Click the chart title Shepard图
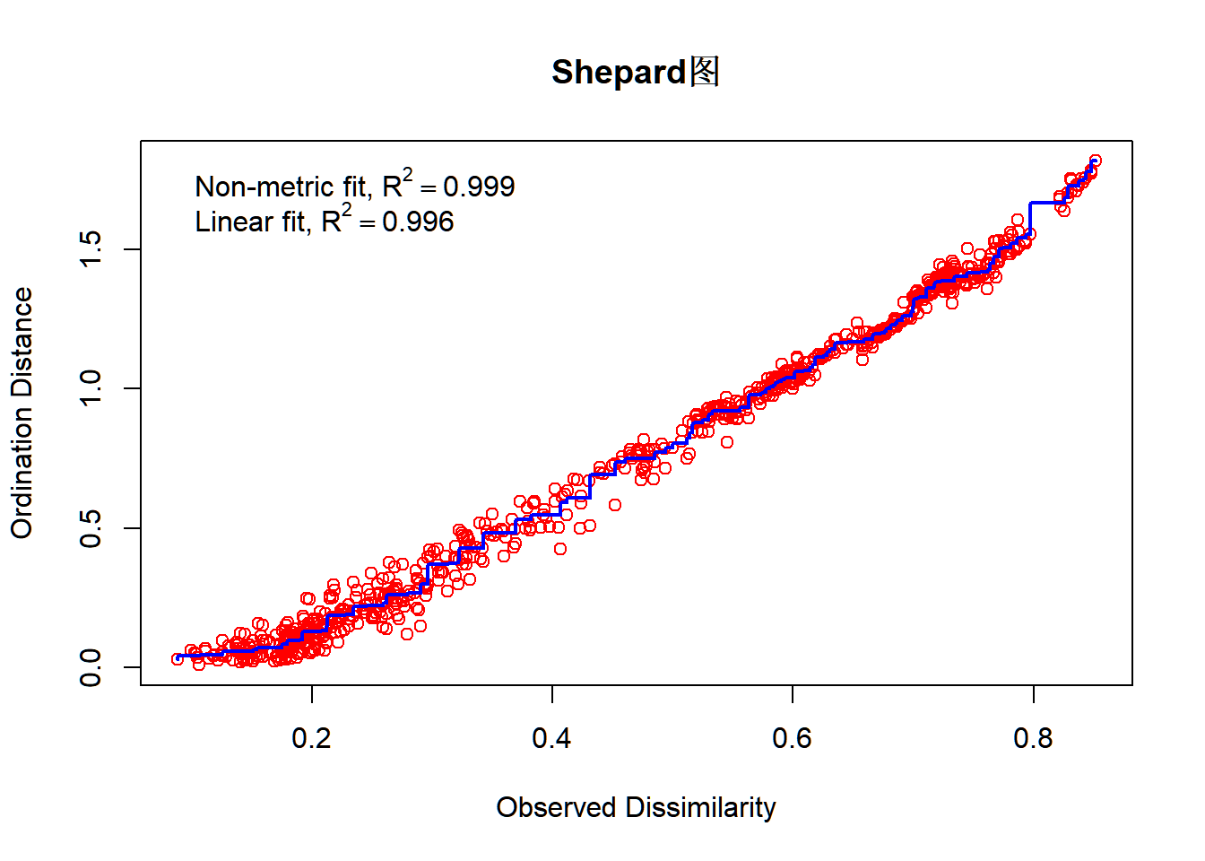635,73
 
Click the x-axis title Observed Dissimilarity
636,807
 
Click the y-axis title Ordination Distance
22,413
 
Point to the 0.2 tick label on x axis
311,738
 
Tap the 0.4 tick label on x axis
551,738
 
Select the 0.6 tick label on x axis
792,738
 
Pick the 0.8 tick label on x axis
1033,738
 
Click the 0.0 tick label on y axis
91,667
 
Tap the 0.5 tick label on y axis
91,528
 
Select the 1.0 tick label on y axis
91,388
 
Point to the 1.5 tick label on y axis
91,248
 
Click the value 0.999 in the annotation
479,187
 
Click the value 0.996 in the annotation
418,222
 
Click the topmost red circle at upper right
1095,161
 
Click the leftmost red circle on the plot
178,659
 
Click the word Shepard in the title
619,73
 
